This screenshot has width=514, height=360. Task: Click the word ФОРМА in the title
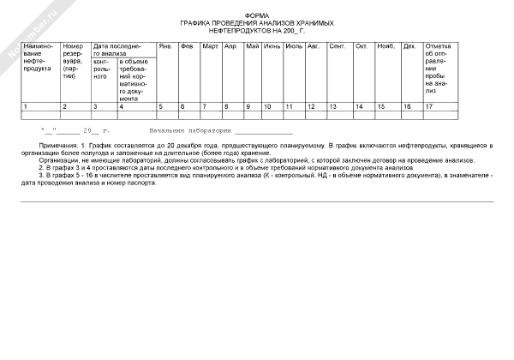pyautogui.click(x=256, y=15)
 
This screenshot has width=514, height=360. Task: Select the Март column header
pyautogui.click(x=210, y=45)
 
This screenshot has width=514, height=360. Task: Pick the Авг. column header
pyautogui.click(x=314, y=45)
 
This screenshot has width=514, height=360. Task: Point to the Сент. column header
pyautogui.click(x=338, y=45)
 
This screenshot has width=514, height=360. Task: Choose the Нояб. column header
pyautogui.click(x=385, y=45)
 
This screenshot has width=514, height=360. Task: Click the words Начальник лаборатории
pyautogui.click(x=178, y=132)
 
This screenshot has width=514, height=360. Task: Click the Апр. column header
pyautogui.click(x=230, y=45)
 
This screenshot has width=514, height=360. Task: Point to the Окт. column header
pyautogui.click(x=362, y=45)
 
